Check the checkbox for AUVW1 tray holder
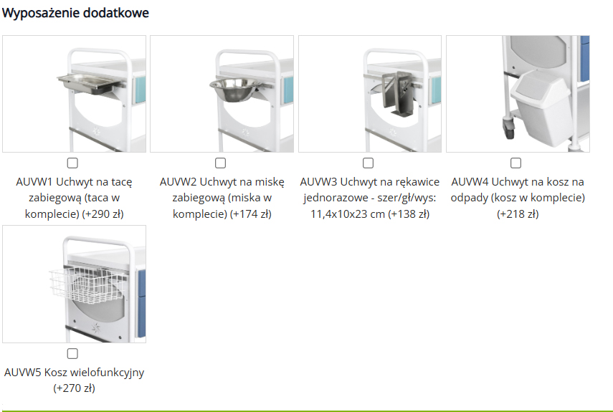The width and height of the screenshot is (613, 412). [x=72, y=163]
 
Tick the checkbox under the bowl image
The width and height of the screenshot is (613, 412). [x=221, y=163]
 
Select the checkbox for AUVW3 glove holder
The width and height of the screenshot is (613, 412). [x=368, y=163]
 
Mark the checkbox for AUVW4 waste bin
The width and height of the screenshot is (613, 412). [x=515, y=163]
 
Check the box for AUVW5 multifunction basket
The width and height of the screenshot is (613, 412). [x=72, y=353]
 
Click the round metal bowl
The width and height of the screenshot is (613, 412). [x=234, y=89]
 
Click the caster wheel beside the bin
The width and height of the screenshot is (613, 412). [x=509, y=129]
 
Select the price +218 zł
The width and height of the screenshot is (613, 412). [x=518, y=214]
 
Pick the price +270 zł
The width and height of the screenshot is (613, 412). [x=75, y=388]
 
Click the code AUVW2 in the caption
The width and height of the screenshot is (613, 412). [x=179, y=182]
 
